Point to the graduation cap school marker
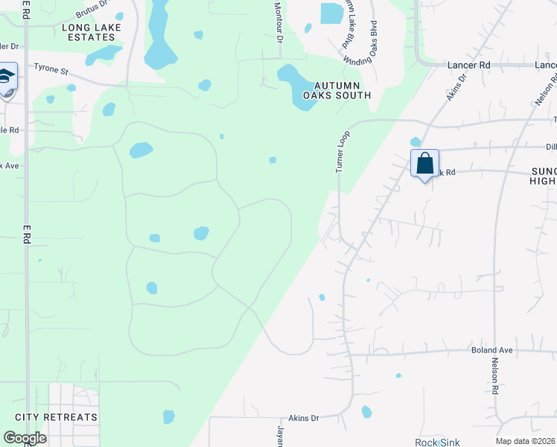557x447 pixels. click(x=6, y=77)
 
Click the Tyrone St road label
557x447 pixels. click(x=51, y=69)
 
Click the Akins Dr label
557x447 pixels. click(x=303, y=418)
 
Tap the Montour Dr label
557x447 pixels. click(x=278, y=21)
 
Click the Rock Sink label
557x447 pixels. click(x=437, y=442)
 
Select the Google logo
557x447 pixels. click(x=25, y=438)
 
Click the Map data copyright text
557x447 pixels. click(x=525, y=441)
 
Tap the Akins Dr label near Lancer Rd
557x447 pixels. click(x=457, y=86)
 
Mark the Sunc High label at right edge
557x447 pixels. click(x=543, y=177)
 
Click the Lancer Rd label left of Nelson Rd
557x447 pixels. click(x=468, y=66)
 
